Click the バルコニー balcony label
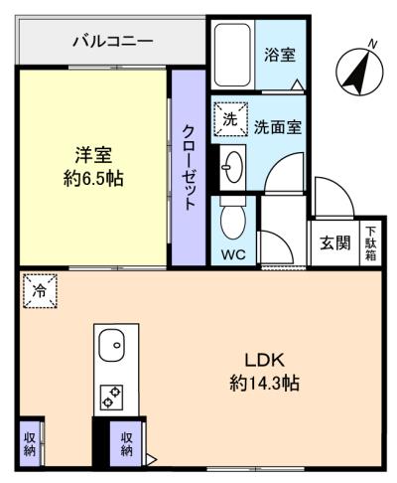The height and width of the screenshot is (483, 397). tap(112, 42)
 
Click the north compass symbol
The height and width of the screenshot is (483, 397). tap(358, 70)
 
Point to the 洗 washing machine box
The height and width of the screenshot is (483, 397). tap(228, 119)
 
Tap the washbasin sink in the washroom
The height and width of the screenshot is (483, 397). tap(233, 162)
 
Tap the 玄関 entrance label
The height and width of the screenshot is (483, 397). tap(333, 244)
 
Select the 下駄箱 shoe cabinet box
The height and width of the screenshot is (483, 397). tap(368, 241)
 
